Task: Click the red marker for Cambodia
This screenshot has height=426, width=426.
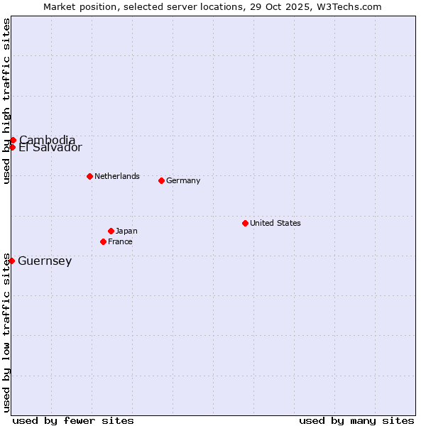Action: coord(13,140)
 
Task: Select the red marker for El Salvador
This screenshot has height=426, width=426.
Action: coord(12,147)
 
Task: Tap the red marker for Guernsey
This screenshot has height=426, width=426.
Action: coord(11,261)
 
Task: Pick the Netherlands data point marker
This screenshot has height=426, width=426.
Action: coord(89,176)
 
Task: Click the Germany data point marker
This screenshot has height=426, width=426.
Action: coord(161,180)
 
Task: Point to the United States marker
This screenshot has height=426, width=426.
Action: coord(245,223)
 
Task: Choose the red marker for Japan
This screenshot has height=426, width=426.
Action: coord(111,231)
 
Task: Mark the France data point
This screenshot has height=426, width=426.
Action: coord(103,241)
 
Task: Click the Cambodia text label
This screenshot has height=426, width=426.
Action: coord(47,140)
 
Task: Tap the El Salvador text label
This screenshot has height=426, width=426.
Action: coord(50,148)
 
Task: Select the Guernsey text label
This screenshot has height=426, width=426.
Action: coord(45,261)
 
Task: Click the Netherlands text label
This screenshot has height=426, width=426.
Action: coord(117,176)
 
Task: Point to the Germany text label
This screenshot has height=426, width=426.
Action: coord(183,180)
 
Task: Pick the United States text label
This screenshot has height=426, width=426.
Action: coord(275,223)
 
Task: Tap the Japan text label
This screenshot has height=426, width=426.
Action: coord(126,231)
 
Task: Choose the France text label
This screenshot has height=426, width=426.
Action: coord(120,241)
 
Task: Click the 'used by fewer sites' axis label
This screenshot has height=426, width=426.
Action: coord(73,420)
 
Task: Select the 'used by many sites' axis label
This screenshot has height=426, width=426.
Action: coord(356,420)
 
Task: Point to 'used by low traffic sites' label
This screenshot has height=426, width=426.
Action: coord(6,332)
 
